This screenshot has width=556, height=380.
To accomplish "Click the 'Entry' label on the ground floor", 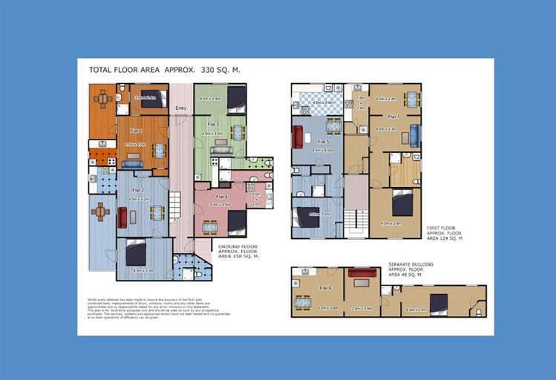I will tap(180, 108).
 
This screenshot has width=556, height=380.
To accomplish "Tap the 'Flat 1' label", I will tap(137, 131).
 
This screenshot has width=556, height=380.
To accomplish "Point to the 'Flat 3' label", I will tap(213, 124).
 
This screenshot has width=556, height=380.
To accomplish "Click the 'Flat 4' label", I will tap(222, 196).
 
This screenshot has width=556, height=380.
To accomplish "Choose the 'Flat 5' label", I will tap(323, 141).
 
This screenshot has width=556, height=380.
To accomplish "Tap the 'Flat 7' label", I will tap(393, 117).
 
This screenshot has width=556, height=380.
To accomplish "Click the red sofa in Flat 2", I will tap(122, 217).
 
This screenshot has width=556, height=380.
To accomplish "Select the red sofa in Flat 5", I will tap(298, 137).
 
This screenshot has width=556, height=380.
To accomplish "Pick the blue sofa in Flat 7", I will tap(414, 136).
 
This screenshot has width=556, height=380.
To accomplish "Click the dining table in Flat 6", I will tap(303, 302).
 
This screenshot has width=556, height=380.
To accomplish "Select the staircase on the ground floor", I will tap(175, 204).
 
